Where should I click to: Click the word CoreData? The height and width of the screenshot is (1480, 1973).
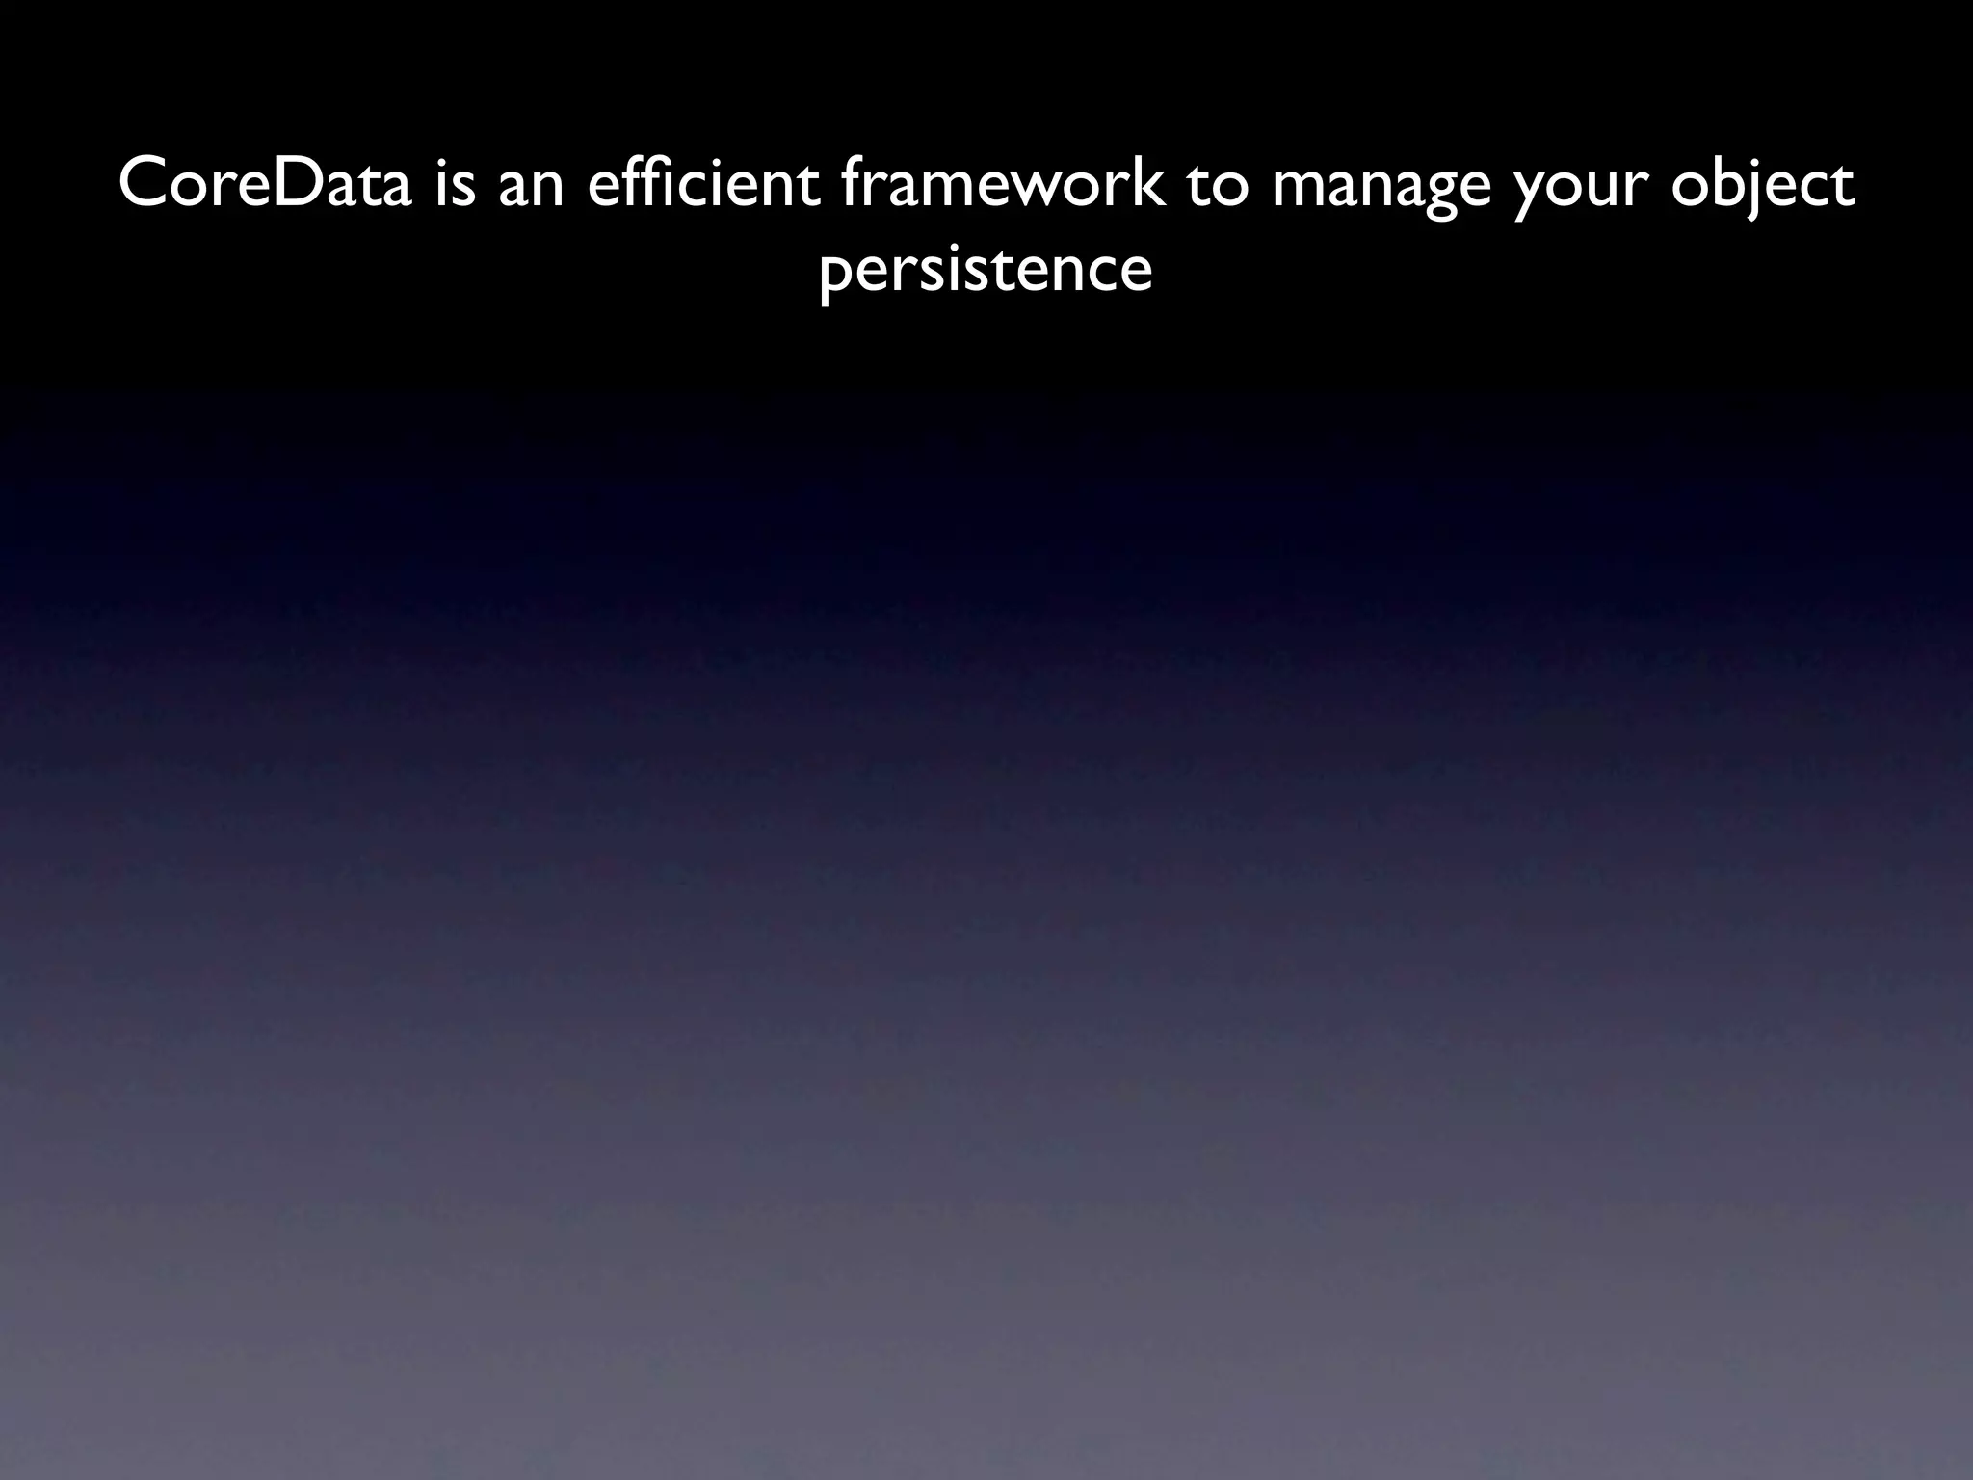(x=265, y=185)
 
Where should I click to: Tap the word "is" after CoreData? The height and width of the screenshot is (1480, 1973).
(x=455, y=185)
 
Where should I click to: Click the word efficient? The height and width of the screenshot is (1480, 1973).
(x=703, y=185)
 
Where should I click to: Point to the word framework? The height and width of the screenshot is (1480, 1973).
(x=1002, y=185)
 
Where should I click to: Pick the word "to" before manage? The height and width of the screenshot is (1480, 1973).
(x=1217, y=185)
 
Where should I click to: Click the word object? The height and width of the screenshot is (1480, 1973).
(x=1762, y=185)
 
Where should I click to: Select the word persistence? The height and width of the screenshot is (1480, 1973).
(x=986, y=269)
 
